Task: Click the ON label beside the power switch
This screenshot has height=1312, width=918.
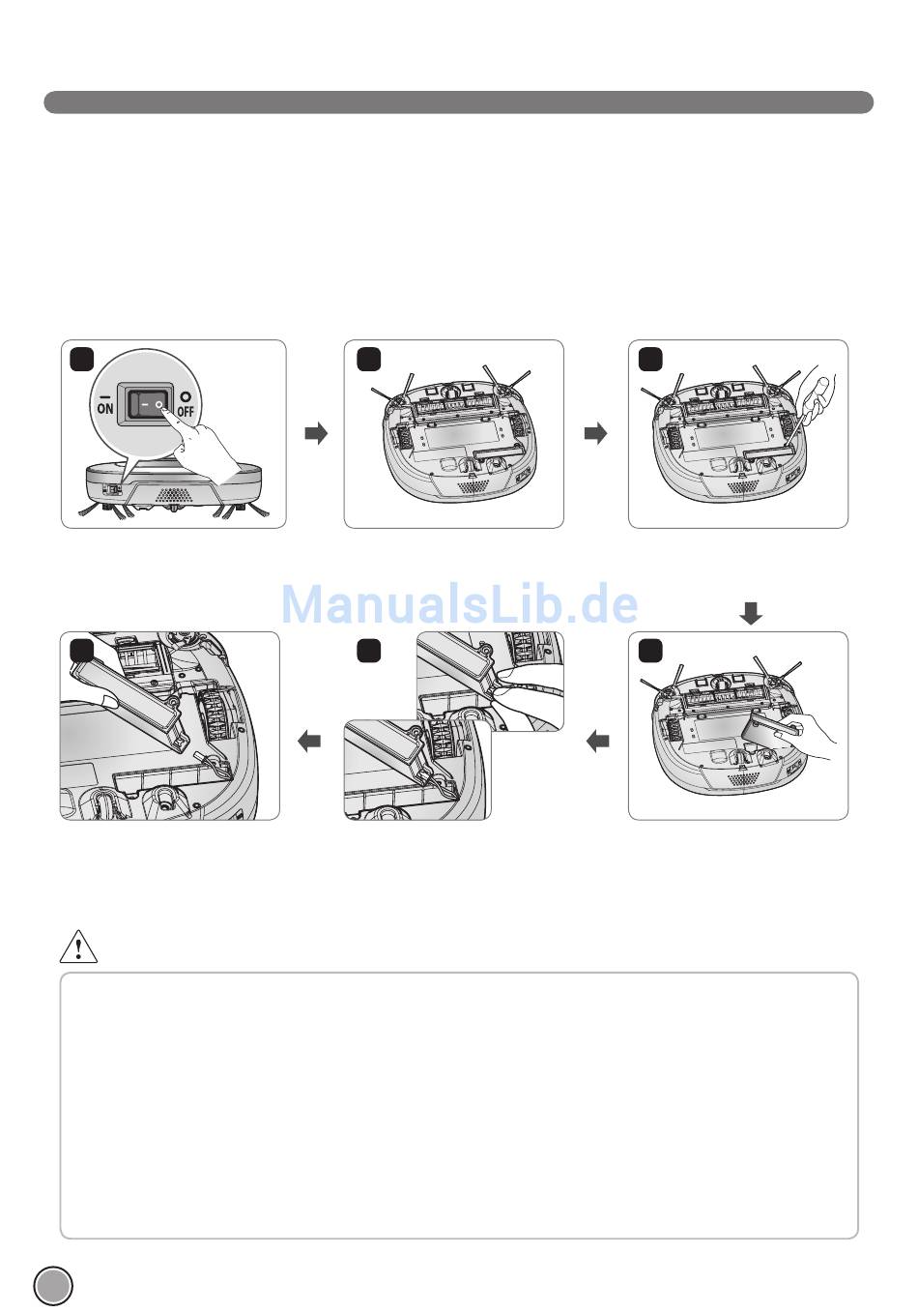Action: click(x=105, y=403)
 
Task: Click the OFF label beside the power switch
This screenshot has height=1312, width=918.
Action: click(x=185, y=405)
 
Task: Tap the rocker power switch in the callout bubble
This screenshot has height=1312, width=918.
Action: click(x=145, y=404)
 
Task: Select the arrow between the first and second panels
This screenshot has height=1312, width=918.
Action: click(x=316, y=434)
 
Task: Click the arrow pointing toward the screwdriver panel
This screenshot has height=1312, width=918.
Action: click(x=596, y=434)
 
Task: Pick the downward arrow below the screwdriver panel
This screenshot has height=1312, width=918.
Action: click(x=751, y=614)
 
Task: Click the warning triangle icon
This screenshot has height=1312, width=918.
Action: click(x=78, y=948)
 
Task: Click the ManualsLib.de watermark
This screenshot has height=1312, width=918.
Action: click(x=460, y=604)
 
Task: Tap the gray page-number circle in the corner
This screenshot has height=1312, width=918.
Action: click(x=53, y=1286)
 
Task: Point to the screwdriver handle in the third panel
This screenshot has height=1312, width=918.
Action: click(x=818, y=397)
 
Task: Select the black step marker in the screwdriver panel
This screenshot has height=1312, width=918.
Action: click(x=650, y=359)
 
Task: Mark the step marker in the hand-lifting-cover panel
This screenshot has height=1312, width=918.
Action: click(x=650, y=651)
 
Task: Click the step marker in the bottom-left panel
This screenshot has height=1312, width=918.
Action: click(x=82, y=651)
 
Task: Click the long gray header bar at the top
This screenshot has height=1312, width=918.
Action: click(x=459, y=102)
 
